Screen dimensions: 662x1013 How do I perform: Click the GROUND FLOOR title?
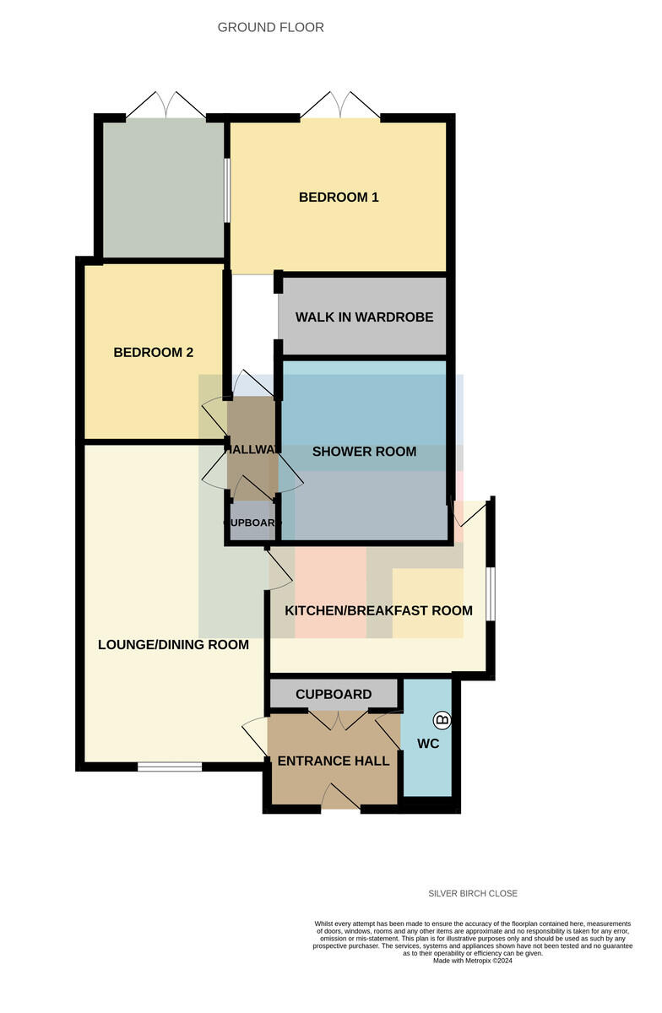(x=270, y=28)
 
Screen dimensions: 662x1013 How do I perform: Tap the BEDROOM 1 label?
(x=339, y=198)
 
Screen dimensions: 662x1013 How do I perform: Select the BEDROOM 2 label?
(x=154, y=352)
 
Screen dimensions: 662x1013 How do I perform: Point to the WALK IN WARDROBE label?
(x=364, y=317)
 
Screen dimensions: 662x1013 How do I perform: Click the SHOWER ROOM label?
(x=364, y=452)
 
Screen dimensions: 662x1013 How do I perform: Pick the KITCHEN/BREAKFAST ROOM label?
(x=378, y=610)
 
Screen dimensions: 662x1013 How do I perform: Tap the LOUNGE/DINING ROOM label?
(x=173, y=644)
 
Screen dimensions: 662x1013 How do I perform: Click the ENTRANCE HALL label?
(x=334, y=761)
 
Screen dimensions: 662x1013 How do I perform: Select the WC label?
(x=428, y=744)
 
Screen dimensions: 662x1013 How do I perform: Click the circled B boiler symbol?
(x=442, y=719)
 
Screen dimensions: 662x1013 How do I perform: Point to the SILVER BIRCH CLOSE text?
(x=473, y=893)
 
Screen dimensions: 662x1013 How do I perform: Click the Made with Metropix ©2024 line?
(x=473, y=961)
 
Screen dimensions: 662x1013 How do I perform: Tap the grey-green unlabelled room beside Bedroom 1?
(x=163, y=189)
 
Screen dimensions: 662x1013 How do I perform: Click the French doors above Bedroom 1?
(x=340, y=106)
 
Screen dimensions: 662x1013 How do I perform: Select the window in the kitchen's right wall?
(x=491, y=593)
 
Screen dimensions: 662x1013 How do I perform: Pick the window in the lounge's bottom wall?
(x=170, y=767)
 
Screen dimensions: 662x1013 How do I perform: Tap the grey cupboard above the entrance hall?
(x=334, y=694)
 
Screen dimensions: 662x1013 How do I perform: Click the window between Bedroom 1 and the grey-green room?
(x=227, y=190)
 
